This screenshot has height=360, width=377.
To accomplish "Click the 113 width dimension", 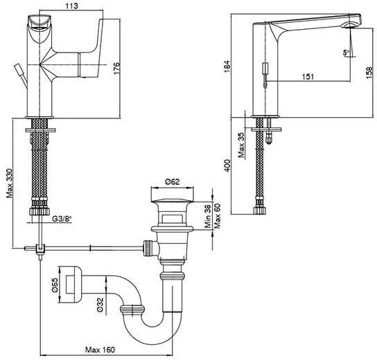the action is pos(71,6).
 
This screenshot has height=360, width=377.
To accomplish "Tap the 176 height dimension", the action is pos(116,68).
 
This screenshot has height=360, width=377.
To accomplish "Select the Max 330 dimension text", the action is pos(10,183).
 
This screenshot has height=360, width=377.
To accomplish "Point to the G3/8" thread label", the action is pos(62,219).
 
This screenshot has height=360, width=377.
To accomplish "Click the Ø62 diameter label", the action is pos(172,181).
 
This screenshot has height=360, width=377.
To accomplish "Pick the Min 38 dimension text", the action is pos(207,216).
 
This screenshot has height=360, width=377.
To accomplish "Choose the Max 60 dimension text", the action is pos(218,216).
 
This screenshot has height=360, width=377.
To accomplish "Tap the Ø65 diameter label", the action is pos(55,285).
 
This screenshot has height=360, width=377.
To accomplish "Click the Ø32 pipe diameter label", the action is pos(100,305).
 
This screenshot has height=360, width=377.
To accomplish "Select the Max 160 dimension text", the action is pos(100,350).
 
